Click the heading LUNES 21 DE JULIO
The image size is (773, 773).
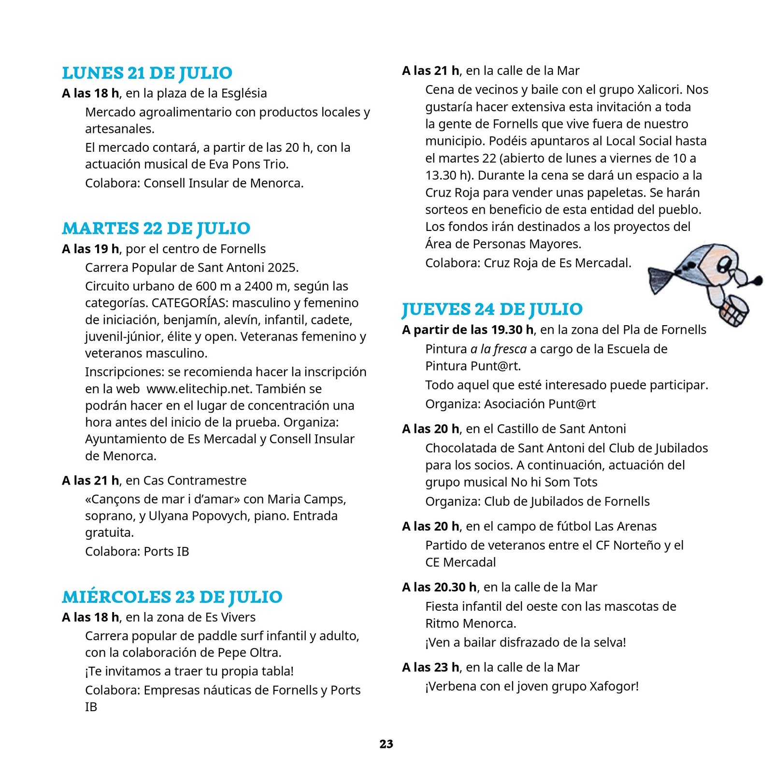coord(147,73)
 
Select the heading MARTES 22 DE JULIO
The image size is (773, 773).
coord(156,228)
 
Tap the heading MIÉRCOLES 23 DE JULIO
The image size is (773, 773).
coord(172,597)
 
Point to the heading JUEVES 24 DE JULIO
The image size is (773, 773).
coord(492,309)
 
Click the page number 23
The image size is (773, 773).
coord(386,744)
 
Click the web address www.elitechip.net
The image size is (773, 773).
coord(199,389)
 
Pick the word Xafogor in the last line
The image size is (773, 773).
coord(612,687)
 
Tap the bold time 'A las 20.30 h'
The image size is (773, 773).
coord(439,587)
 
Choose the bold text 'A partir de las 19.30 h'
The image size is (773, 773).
coord(468,330)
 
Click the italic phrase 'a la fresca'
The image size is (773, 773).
coord(499,349)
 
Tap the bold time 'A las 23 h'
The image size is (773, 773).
coord(430,668)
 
